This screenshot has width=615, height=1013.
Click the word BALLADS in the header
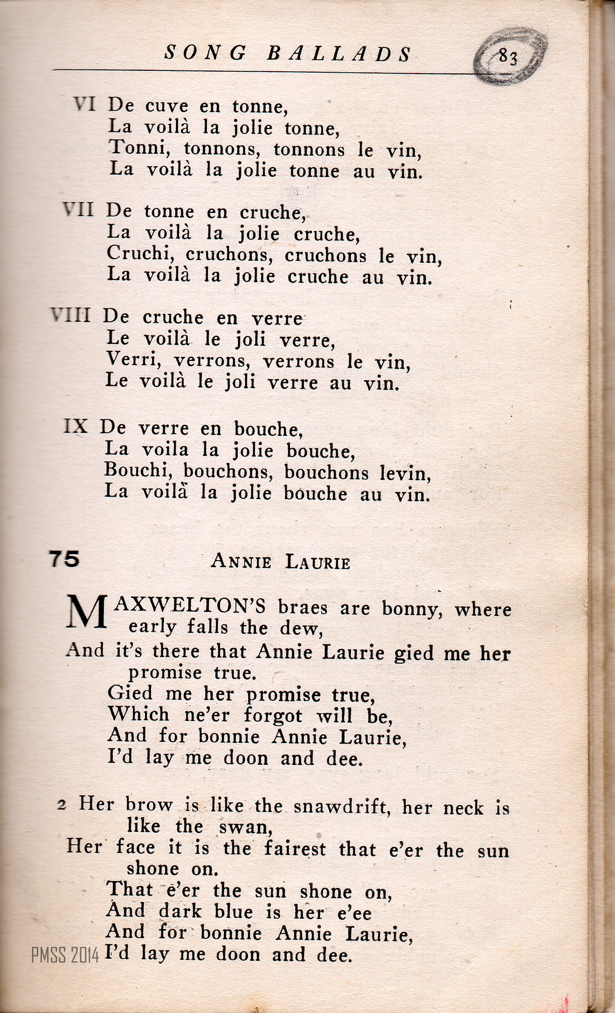[339, 54]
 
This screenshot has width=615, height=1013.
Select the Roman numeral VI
[85, 105]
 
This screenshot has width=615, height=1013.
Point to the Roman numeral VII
[79, 210]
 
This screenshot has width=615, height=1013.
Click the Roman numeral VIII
[71, 316]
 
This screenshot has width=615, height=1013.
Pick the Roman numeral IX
[76, 427]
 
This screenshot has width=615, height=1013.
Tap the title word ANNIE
[241, 561]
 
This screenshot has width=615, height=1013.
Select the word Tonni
[140, 148]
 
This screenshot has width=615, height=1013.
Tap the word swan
[245, 828]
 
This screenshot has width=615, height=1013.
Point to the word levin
[405, 474]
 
